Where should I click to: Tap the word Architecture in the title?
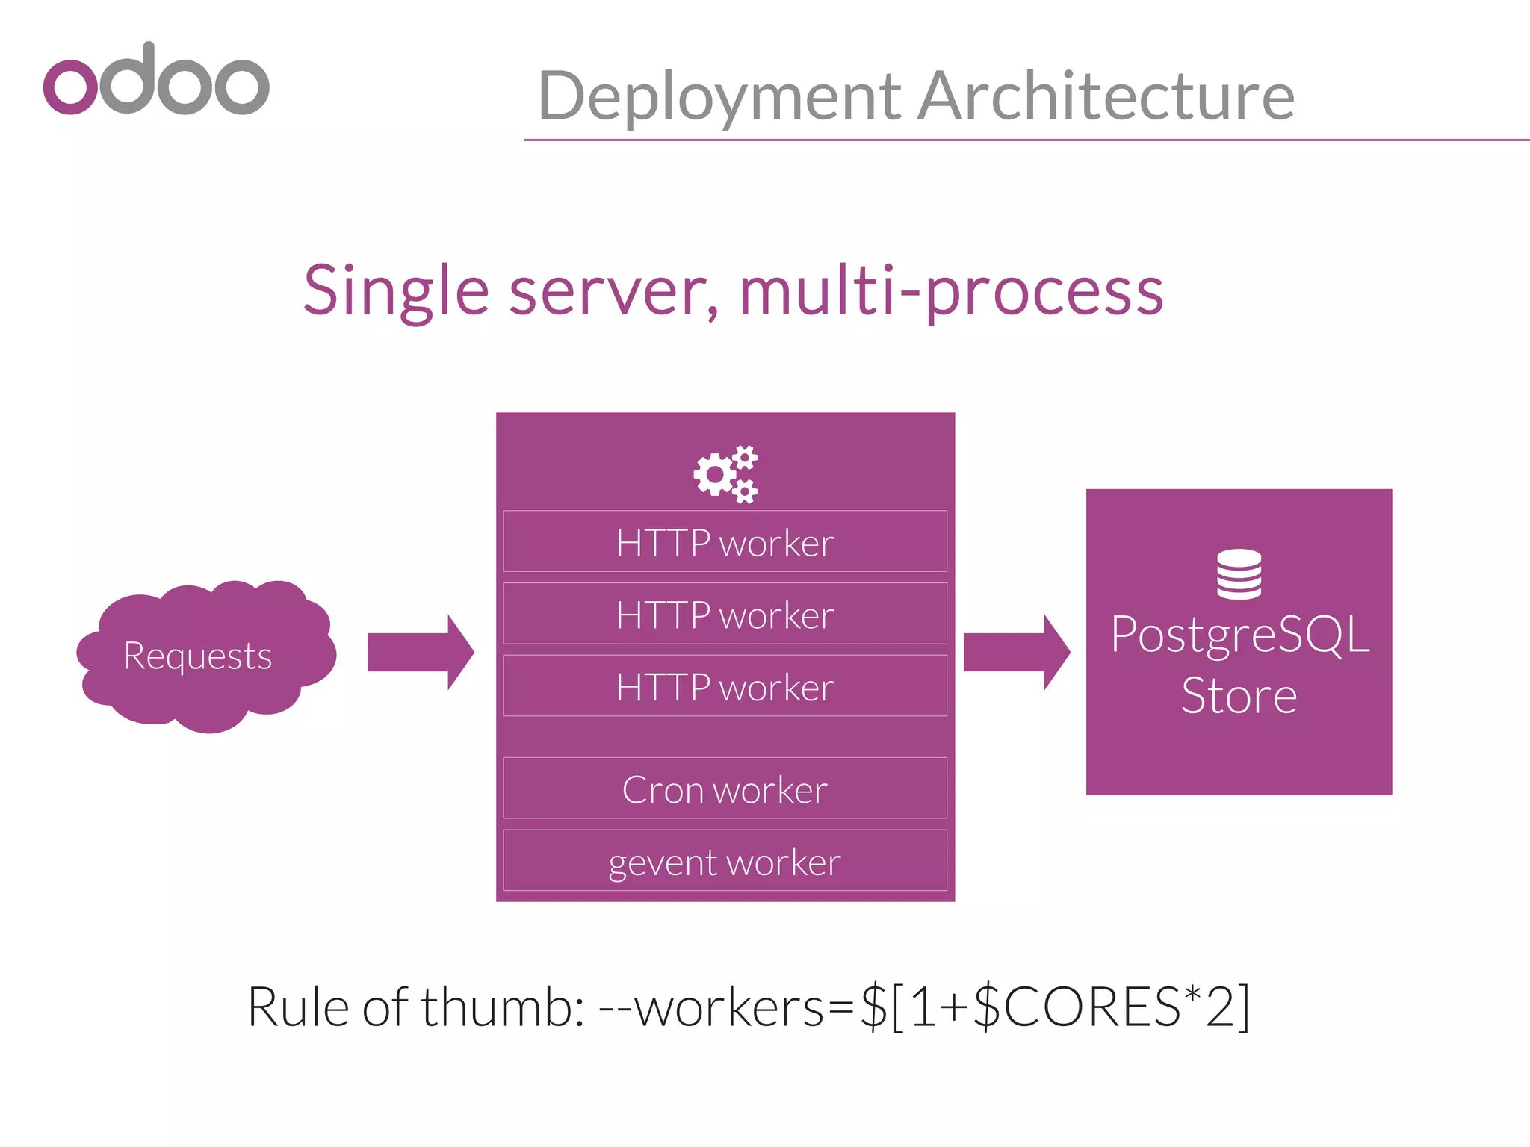coord(1106,96)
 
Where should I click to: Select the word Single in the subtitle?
coord(396,291)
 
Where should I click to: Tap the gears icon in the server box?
coord(725,474)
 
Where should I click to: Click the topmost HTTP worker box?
coord(725,542)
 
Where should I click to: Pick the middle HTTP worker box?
coord(725,615)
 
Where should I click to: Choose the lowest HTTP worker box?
coord(725,686)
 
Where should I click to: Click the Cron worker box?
coord(725,789)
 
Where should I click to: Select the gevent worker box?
coord(725,861)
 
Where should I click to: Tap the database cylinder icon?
coord(1239,574)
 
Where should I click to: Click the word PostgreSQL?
coord(1239,635)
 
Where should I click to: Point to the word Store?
coord(1239,696)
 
